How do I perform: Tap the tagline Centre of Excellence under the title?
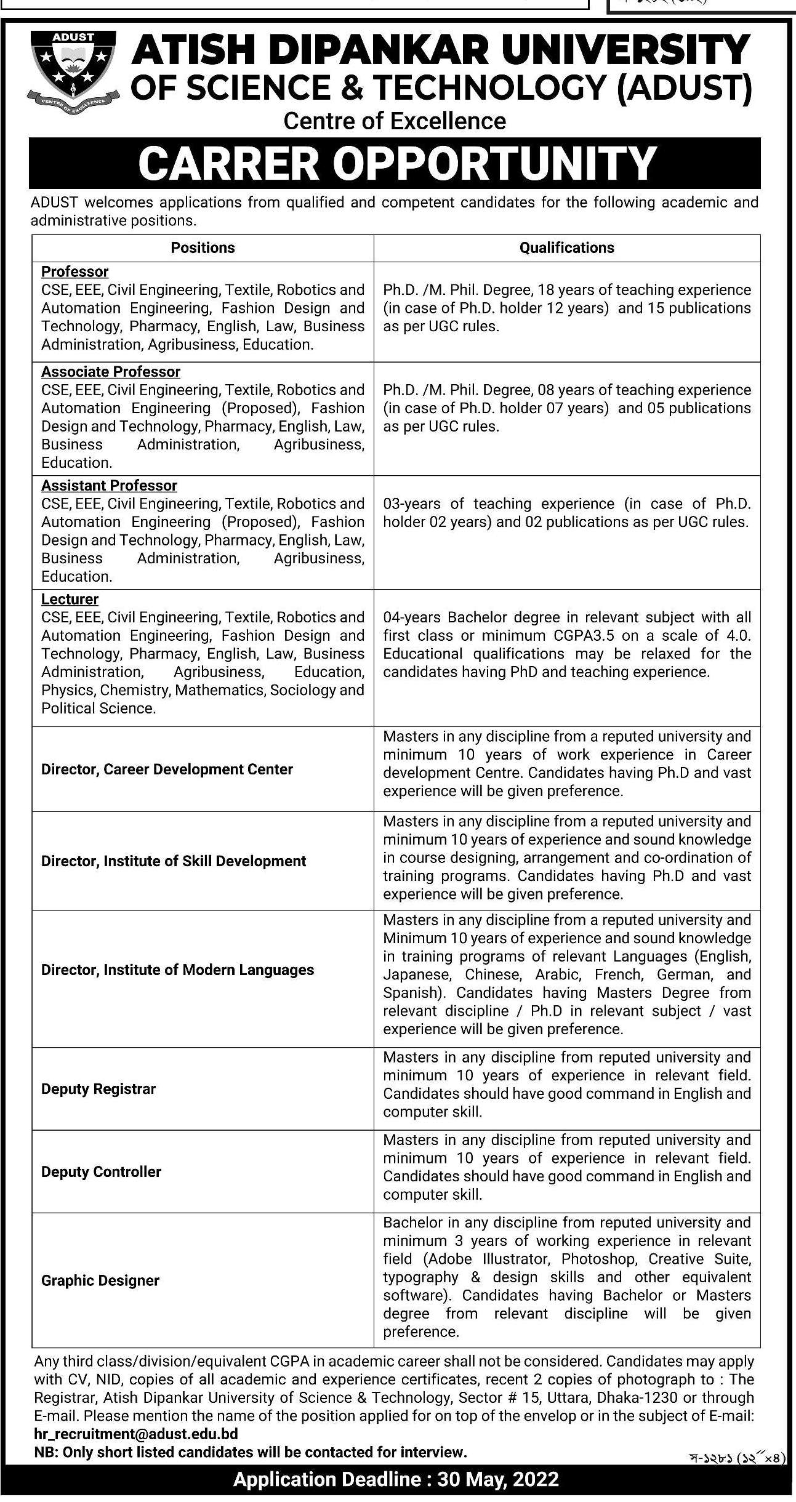point(395,121)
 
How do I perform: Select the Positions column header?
point(203,247)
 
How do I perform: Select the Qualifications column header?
point(566,247)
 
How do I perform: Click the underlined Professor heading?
point(74,271)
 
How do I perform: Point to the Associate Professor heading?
point(111,372)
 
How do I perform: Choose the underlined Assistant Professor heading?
point(109,486)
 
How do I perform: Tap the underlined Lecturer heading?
point(70,599)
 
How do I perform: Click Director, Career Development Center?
point(167,769)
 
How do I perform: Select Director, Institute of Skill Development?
point(173,861)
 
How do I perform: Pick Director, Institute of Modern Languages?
point(177,970)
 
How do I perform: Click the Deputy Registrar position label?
point(98,1089)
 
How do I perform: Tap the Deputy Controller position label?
point(101,1171)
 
